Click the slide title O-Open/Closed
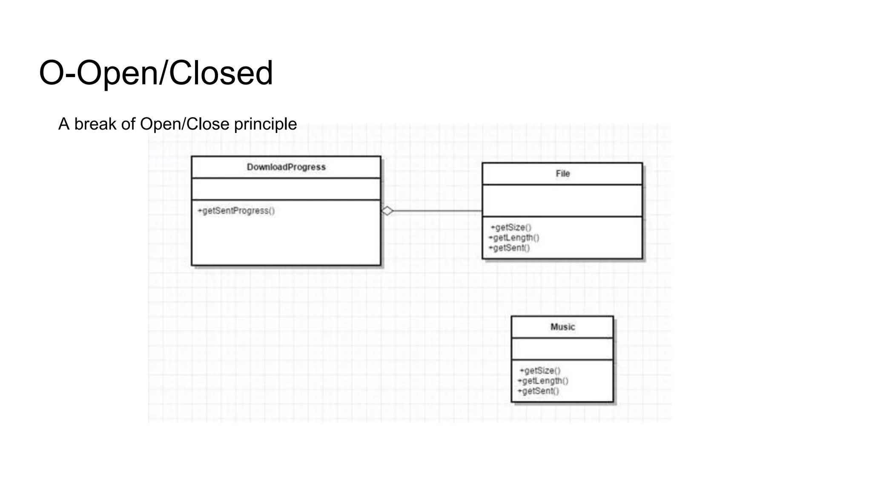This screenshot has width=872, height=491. click(x=156, y=73)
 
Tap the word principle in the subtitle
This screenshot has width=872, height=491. click(x=265, y=124)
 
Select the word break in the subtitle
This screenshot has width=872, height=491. click(x=95, y=124)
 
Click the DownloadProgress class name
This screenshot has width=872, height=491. click(x=286, y=167)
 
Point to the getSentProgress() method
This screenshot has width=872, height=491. click(x=236, y=211)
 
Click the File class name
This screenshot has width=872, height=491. click(x=562, y=173)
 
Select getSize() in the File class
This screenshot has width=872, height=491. click(x=511, y=227)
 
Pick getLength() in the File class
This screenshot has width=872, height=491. click(x=514, y=237)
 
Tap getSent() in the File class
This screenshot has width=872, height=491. click(x=509, y=248)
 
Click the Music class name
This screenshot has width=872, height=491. click(x=562, y=327)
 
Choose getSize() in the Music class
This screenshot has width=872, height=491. click(x=540, y=370)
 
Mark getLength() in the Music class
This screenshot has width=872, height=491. click(x=543, y=381)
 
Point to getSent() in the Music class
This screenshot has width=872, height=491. click(x=538, y=391)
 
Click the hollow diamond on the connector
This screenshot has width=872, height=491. click(x=387, y=211)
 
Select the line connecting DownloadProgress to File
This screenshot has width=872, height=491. click(x=439, y=211)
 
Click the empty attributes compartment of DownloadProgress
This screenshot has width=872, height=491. click(x=286, y=189)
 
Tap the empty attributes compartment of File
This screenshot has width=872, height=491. click(x=562, y=200)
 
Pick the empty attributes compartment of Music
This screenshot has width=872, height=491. click(x=562, y=349)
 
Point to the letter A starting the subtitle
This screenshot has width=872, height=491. click(x=63, y=124)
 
